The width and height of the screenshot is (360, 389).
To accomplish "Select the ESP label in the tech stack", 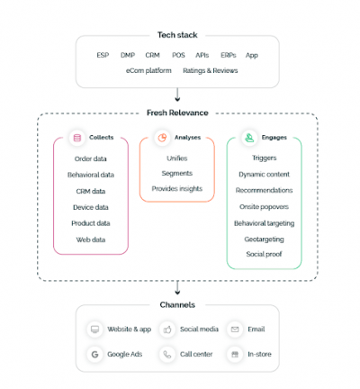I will [103, 56].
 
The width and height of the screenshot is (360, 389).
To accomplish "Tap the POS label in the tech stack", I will [178, 56].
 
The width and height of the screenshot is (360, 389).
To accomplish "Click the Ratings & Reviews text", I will [211, 70].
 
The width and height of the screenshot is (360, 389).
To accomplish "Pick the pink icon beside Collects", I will [77, 139].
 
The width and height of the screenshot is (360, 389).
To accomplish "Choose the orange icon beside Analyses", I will [163, 139].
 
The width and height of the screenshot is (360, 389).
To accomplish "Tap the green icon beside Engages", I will [248, 139].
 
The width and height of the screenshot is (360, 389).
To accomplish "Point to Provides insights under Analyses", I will [176, 188].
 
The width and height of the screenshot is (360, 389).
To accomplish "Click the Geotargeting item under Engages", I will [264, 239].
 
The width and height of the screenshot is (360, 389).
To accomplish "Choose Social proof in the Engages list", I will [264, 254].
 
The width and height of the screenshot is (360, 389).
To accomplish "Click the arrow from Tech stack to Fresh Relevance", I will [179, 95].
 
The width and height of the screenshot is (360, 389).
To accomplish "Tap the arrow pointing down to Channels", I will [179, 288].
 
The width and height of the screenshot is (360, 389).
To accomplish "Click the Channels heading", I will [179, 305].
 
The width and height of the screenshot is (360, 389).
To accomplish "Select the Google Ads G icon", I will [94, 354].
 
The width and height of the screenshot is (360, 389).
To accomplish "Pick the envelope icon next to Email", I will [235, 330].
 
